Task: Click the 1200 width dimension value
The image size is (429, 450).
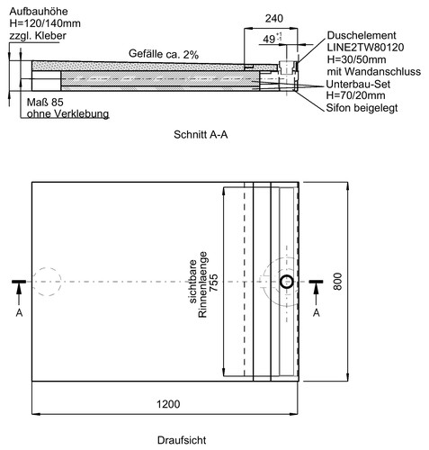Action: (x=168, y=404)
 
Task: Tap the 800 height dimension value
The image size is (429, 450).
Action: (x=337, y=282)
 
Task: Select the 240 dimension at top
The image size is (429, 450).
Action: (x=274, y=19)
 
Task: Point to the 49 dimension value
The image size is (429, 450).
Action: (x=269, y=39)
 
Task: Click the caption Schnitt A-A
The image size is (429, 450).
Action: (x=201, y=134)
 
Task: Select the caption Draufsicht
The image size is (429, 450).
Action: (x=182, y=440)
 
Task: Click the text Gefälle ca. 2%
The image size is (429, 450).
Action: (x=164, y=54)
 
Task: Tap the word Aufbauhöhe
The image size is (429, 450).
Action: (x=39, y=12)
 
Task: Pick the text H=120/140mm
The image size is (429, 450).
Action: (x=45, y=23)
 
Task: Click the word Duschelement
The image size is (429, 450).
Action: (x=362, y=35)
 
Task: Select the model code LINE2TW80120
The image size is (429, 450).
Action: (x=365, y=48)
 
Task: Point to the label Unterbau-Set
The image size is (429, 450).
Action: (x=358, y=84)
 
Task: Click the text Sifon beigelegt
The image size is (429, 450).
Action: (x=362, y=108)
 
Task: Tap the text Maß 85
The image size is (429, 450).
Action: (x=45, y=103)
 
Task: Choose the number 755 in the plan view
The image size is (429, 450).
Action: (x=213, y=283)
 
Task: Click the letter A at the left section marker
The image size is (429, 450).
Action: (x=19, y=313)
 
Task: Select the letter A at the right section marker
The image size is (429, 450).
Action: (x=317, y=313)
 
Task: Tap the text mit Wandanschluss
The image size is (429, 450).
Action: (x=374, y=72)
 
